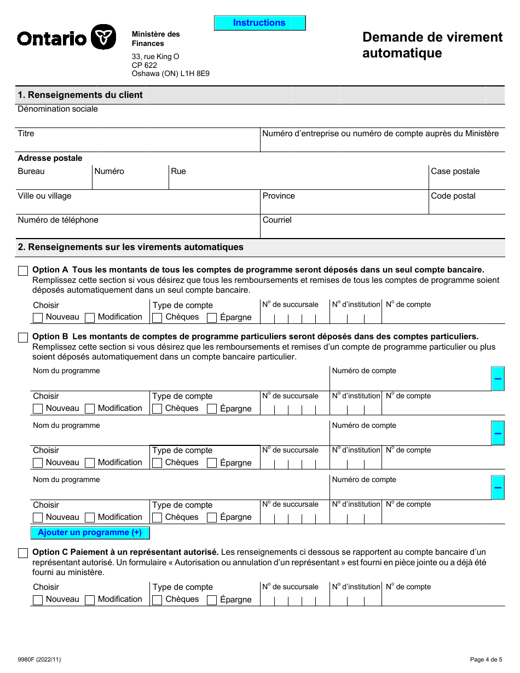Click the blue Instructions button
pyautogui.click(x=259, y=23)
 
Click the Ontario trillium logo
pyautogui.click(x=103, y=37)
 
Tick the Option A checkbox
pyautogui.click(x=23, y=271)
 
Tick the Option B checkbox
pyautogui.click(x=23, y=338)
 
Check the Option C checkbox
pyautogui.click(x=23, y=553)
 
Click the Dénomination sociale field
pyautogui.click(x=260, y=119)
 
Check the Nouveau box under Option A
pyautogui.click(x=38, y=317)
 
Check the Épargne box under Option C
pyautogui.click(x=212, y=600)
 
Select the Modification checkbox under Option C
pyautogui.click(x=90, y=600)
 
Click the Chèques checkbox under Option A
pyautogui.click(x=157, y=317)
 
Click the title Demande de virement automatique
pyautogui.click(x=432, y=45)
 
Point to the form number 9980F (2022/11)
pyautogui.click(x=39, y=659)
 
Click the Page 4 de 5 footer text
pyautogui.click(x=486, y=659)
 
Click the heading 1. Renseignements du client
pyautogui.click(x=80, y=95)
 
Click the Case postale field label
pyautogui.click(x=455, y=171)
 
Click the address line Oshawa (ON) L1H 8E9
pyautogui.click(x=170, y=73)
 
